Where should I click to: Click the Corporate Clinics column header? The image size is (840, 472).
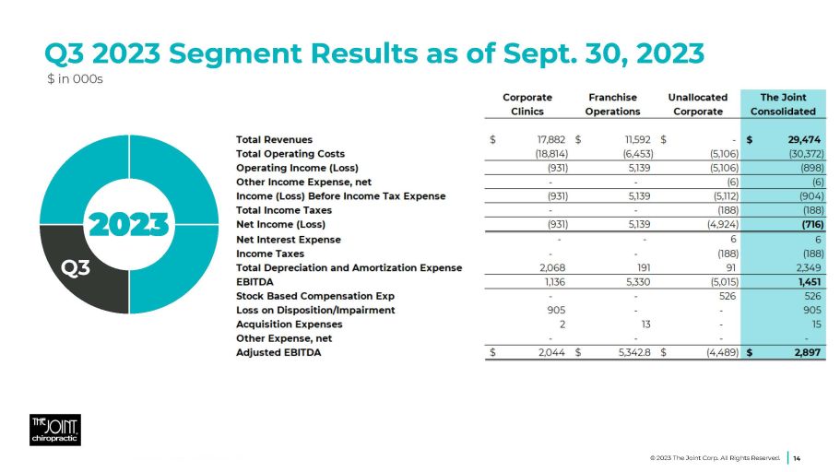tap(527, 104)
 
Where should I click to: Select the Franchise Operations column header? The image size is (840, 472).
tap(612, 104)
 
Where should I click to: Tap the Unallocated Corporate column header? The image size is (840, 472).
tap(697, 104)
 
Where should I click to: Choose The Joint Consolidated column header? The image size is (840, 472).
tap(783, 104)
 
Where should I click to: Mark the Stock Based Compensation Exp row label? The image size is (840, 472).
tap(315, 296)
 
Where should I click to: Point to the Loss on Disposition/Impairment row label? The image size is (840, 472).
tap(315, 310)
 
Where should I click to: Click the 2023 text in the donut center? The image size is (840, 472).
tap(128, 223)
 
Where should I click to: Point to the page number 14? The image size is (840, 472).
tap(797, 457)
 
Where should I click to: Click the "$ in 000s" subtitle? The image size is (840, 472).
tap(76, 79)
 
